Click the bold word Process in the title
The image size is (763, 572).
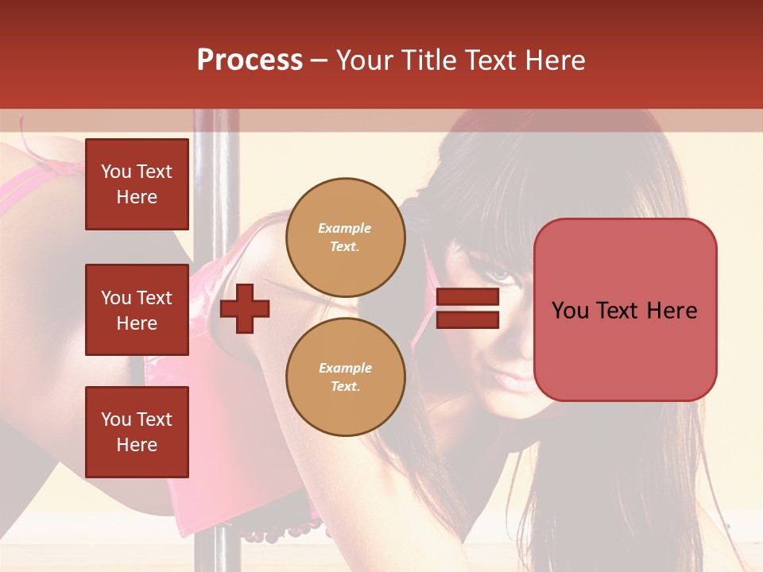[x=250, y=60]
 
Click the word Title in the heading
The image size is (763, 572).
[x=428, y=60]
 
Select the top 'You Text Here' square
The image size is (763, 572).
[x=137, y=184]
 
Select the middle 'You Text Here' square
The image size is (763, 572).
[x=137, y=310]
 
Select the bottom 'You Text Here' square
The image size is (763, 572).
[x=137, y=432]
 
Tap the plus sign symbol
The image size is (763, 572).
[x=245, y=309]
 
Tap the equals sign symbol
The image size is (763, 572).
[x=467, y=309]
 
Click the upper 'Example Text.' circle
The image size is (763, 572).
[x=345, y=238]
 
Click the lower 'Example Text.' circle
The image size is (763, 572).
[x=345, y=377]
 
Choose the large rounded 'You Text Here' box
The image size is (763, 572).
[x=625, y=310]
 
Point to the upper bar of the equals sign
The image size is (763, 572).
[x=467, y=297]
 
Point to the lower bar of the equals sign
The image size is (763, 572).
[x=467, y=320]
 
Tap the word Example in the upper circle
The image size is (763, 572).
[x=345, y=228]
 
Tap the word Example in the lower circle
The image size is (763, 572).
[x=345, y=368]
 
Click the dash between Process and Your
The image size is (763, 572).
[x=319, y=61]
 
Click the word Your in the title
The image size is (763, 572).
[x=365, y=60]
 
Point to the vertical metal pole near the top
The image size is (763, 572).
[x=214, y=159]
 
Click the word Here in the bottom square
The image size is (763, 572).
[x=137, y=445]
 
